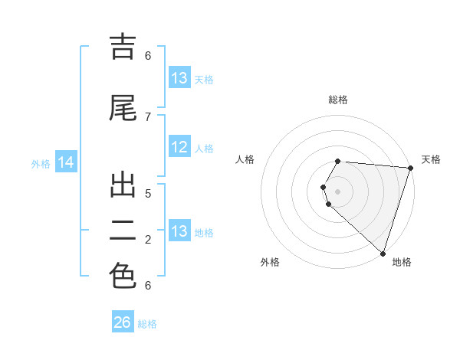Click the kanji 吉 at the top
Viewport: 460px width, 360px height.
click(x=123, y=47)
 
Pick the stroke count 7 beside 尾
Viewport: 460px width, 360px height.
click(x=148, y=116)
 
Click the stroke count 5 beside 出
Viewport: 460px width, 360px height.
click(x=148, y=194)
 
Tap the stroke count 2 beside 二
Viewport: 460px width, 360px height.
click(x=148, y=240)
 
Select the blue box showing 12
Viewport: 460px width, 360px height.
click(x=179, y=148)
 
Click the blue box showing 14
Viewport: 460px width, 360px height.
click(x=65, y=162)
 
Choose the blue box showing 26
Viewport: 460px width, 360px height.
click(x=123, y=322)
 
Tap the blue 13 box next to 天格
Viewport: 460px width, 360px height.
click(x=179, y=77)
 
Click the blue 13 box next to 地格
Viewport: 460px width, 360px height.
click(x=179, y=231)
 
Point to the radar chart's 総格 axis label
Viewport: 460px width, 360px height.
click(x=338, y=100)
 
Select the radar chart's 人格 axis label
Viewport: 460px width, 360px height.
click(x=245, y=159)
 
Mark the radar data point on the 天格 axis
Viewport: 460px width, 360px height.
click(x=410, y=168)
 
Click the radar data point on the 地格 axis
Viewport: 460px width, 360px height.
click(x=383, y=253)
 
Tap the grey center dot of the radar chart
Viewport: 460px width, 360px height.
click(x=338, y=191)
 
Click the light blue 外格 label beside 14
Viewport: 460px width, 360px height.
click(x=40, y=163)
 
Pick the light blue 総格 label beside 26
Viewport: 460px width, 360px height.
click(x=147, y=324)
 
